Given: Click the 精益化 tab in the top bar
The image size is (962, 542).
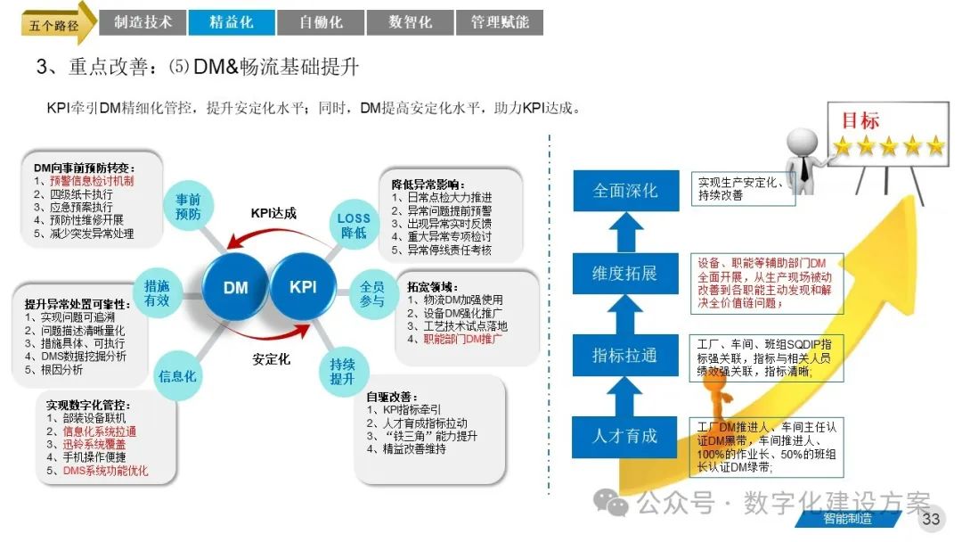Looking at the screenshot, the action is pyautogui.click(x=231, y=22).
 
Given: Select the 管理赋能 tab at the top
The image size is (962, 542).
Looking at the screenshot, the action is pyautogui.click(x=500, y=22).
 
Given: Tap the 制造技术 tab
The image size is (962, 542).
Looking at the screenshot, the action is pyautogui.click(x=143, y=22).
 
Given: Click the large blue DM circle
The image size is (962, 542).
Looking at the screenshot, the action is pyautogui.click(x=236, y=287).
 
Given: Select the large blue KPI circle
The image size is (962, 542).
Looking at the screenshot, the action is pyautogui.click(x=303, y=287).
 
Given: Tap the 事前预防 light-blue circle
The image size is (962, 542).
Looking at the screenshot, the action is pyautogui.click(x=188, y=207).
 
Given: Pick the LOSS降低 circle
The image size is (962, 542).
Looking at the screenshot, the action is pyautogui.click(x=354, y=226).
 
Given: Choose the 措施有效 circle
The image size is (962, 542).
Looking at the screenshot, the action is pyautogui.click(x=158, y=293).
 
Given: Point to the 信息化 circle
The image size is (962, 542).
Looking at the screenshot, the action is pyautogui.click(x=177, y=375).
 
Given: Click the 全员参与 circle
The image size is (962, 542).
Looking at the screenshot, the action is pyautogui.click(x=372, y=294).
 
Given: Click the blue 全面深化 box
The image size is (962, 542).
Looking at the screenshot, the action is pyautogui.click(x=625, y=191).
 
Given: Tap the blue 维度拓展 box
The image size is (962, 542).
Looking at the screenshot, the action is pyautogui.click(x=625, y=273).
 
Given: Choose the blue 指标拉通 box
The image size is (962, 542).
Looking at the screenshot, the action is pyautogui.click(x=625, y=355).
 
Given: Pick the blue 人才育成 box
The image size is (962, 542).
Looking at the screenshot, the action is pyautogui.click(x=625, y=436).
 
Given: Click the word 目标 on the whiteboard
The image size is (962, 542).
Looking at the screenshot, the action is pyautogui.click(x=860, y=120).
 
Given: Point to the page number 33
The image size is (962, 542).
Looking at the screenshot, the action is pyautogui.click(x=931, y=520).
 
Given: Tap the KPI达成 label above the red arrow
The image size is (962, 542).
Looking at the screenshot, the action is pyautogui.click(x=273, y=213).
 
